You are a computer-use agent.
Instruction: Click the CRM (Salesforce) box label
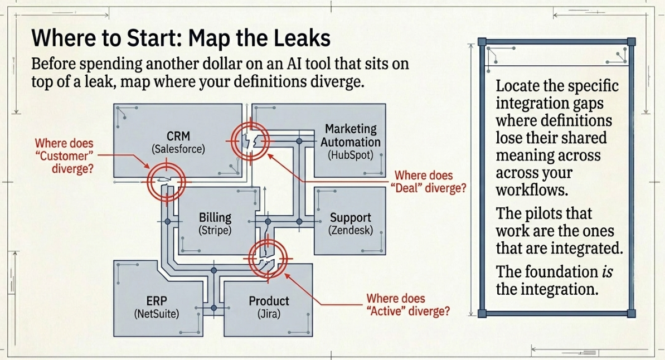(178, 142)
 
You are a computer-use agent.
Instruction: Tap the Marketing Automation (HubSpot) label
(350, 142)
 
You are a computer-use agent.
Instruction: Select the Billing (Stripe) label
(215, 223)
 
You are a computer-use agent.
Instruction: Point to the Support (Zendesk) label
(350, 223)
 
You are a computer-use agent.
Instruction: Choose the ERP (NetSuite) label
(157, 307)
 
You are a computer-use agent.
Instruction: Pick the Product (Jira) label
(269, 307)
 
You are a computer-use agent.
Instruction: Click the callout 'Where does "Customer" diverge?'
(65, 155)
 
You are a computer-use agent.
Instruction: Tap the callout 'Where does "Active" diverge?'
(408, 304)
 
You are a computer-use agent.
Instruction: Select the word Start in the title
(155, 38)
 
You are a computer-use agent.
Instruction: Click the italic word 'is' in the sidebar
(608, 271)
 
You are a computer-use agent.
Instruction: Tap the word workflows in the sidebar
(532, 189)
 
